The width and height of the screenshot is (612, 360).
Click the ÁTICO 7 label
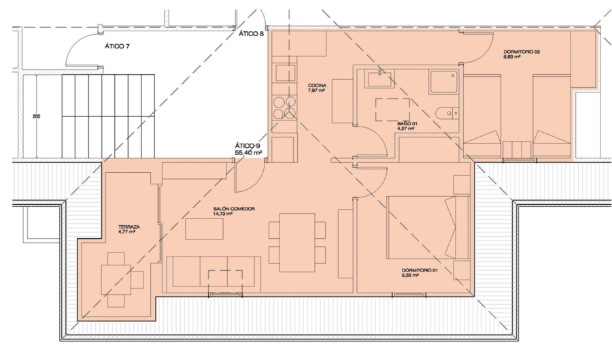[x=117, y=46]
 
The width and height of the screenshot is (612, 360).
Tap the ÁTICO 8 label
[x=252, y=33]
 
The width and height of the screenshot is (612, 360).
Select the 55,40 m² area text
[x=248, y=152]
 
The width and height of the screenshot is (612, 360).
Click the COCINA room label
[x=318, y=86]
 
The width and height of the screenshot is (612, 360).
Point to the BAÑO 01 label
[x=407, y=124]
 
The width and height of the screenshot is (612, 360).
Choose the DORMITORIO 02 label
[x=522, y=52]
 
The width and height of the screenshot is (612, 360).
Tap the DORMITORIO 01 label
[x=420, y=270]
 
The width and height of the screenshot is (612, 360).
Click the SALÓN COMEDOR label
[x=234, y=209]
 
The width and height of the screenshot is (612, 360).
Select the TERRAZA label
[x=129, y=227]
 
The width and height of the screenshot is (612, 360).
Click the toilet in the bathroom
[x=447, y=113]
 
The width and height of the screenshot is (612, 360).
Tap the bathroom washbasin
[x=379, y=78]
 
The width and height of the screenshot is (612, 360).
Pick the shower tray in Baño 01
[x=443, y=82]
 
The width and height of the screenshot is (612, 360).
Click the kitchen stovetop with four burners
[x=284, y=108]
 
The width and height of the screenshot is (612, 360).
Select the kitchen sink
[x=285, y=73]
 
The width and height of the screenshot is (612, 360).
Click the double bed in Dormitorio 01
[x=428, y=227]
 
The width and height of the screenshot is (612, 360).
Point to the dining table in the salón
[x=297, y=242]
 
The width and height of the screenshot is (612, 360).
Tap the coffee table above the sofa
[x=204, y=229]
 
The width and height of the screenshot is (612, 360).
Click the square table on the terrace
[x=116, y=280]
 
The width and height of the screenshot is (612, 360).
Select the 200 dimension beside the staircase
[x=36, y=116]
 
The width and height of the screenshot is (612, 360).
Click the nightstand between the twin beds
[x=517, y=149]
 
